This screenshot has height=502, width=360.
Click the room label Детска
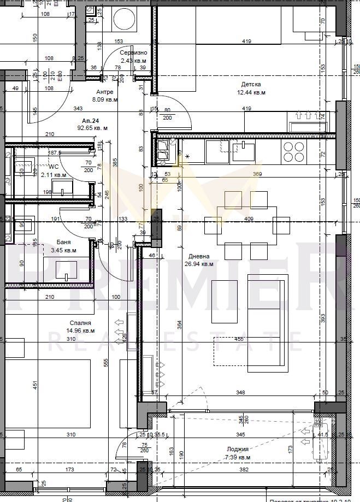click(251, 84)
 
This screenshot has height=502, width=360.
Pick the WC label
click(54, 167)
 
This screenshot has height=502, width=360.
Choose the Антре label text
click(104, 92)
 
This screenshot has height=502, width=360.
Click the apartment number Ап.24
click(90, 120)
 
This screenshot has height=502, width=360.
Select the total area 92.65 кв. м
click(92, 128)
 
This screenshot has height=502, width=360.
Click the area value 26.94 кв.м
click(199, 264)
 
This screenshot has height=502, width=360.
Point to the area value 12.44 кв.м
click(251, 92)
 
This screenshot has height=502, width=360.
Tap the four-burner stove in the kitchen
click(294, 151)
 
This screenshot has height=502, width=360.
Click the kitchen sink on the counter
click(244, 151)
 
